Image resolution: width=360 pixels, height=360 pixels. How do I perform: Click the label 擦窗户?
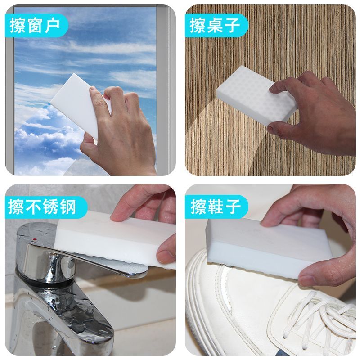(35, 25)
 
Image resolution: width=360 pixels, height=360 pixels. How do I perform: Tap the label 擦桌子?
(215, 25)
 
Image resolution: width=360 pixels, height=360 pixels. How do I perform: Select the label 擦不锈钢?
(42, 207)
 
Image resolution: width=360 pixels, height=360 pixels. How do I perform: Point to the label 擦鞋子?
(216, 207)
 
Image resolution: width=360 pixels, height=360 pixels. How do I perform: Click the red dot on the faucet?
(35, 240)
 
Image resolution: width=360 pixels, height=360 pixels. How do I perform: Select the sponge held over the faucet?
(115, 241)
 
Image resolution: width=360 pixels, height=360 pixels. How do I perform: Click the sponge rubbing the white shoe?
(264, 248)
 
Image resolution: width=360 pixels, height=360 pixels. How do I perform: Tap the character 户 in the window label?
(52, 25)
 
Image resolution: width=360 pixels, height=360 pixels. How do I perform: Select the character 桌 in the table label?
(215, 25)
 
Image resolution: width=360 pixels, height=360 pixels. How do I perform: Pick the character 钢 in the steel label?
(68, 207)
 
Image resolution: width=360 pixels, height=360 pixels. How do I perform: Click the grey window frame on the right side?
(166, 90)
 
